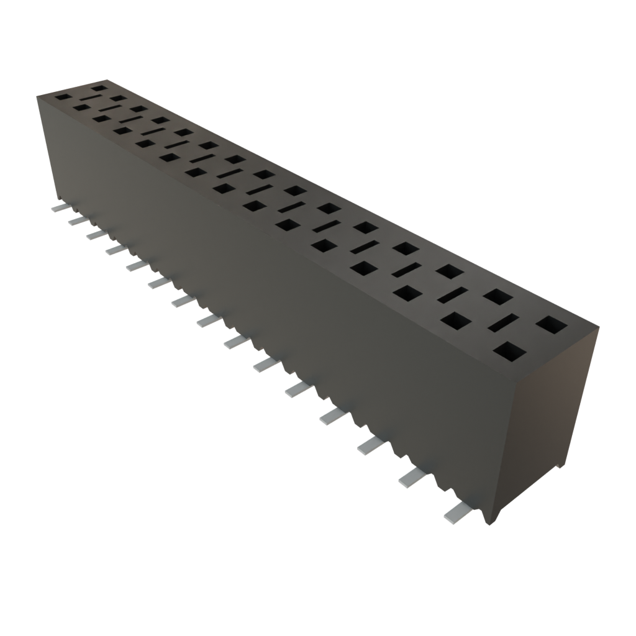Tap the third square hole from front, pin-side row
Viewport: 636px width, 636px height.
coord(407,293)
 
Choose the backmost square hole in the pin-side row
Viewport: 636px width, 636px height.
coord(63,97)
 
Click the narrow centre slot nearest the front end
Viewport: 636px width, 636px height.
coord(503,323)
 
